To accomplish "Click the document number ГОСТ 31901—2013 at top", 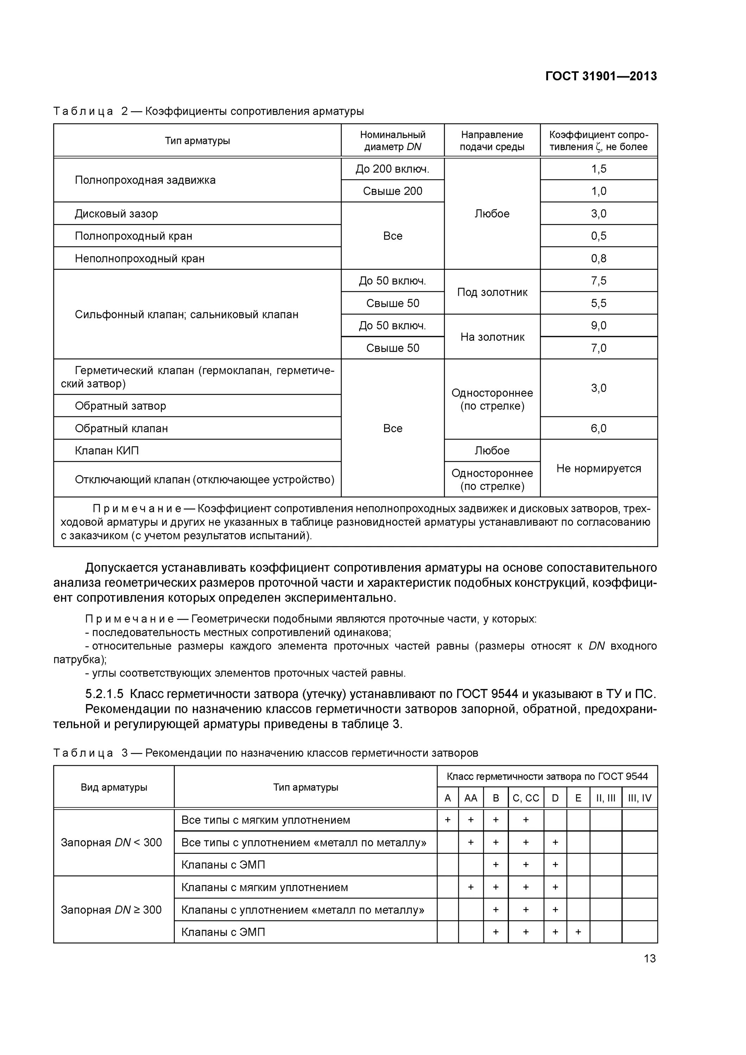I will pos(601,76).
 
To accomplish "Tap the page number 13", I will pos(650,959).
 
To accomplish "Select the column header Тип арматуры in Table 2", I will pos(197,141).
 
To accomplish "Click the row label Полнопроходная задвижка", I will pos(145,180).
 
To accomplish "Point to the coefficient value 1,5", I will pos(599,169).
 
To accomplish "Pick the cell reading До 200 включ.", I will pos(392,169).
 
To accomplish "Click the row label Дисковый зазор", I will pos(116,214).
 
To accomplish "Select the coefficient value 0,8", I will pos(599,258).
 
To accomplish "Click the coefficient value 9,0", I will pos(599,326).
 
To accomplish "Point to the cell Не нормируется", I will pos(599,468).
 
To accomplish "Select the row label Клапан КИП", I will pos(107,451).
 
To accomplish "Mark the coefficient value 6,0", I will pos(599,428).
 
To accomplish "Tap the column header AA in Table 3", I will pos(471,798).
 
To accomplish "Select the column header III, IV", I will pos(639,798).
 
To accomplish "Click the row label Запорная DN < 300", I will pos(111,842).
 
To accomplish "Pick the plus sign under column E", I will pos(578,932).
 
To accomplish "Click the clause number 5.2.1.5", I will pos(104,694).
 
